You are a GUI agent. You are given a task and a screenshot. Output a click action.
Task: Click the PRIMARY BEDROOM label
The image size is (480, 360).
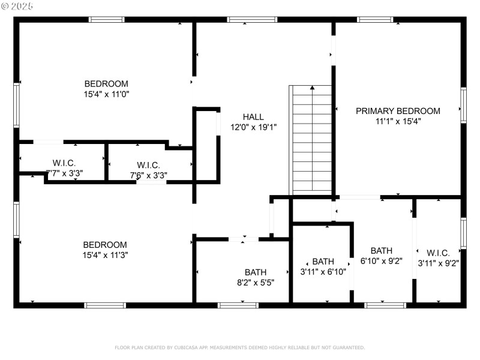click(x=398, y=111)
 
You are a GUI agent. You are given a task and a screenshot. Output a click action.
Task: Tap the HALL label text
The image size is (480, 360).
click(x=253, y=117)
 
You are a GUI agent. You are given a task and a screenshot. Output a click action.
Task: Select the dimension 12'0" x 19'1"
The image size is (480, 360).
click(x=253, y=127)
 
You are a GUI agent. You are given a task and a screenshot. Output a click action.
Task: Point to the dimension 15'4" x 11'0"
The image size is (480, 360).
click(x=106, y=94)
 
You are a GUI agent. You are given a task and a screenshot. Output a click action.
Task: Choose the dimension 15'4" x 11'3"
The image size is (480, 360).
click(x=106, y=255)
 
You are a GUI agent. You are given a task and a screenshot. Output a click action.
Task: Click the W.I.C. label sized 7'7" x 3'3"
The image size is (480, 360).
click(x=64, y=163)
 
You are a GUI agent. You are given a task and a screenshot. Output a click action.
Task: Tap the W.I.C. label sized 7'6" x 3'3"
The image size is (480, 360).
click(x=148, y=165)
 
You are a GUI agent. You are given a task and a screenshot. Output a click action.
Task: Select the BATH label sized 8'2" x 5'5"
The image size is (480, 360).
click(x=256, y=272)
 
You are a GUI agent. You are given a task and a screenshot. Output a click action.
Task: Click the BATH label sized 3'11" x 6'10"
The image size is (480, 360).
click(x=323, y=262)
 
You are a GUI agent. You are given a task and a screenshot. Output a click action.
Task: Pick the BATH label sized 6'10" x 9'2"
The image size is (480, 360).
click(x=382, y=251)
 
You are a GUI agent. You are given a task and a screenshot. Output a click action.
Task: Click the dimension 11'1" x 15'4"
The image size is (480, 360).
click(x=398, y=121)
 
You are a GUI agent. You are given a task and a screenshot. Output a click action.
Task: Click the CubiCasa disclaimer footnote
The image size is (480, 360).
click(x=239, y=347)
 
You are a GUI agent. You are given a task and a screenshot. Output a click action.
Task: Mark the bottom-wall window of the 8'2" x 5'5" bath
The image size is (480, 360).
click(x=238, y=305)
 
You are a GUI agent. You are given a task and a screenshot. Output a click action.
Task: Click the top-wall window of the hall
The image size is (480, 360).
click(x=253, y=20)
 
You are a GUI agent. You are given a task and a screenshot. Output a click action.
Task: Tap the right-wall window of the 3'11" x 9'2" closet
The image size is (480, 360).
click(x=463, y=233)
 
